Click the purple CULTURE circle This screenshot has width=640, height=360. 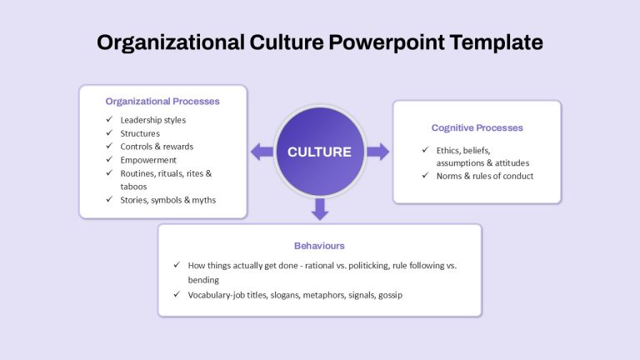tap(320, 152)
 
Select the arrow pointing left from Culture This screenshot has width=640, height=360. tap(262, 152)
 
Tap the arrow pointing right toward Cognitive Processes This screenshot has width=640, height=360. tap(378, 152)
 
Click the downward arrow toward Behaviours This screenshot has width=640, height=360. tap(320, 209)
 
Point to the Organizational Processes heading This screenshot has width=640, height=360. tap(162, 101)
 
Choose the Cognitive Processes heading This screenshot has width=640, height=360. tap(477, 127)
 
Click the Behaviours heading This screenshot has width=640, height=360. tap(319, 246)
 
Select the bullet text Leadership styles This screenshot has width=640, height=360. tap(153, 120)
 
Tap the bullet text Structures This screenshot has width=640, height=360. tap(140, 133)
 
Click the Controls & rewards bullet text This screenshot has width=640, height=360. tap(157, 147)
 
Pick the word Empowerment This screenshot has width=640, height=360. tap(148, 160)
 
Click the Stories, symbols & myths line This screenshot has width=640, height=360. tap(168, 200)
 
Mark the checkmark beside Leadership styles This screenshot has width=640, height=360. tap(109, 119)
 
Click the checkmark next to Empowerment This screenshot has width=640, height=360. tap(109, 159)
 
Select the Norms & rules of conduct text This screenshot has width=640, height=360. tap(485, 176)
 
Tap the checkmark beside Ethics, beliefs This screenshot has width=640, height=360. tap(425, 150)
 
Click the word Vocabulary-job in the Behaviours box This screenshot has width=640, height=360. tap(216, 295)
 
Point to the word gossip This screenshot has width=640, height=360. tap(390, 295)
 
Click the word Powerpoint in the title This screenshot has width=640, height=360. tap(387, 42)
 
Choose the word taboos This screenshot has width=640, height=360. tap(133, 187)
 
